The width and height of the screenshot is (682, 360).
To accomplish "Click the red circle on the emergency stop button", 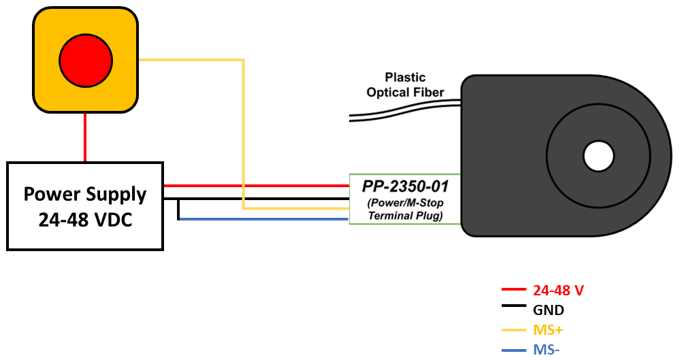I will [x=85, y=60].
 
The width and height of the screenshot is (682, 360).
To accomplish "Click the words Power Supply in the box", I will [x=85, y=195].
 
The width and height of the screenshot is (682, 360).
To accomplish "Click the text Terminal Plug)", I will [x=406, y=216].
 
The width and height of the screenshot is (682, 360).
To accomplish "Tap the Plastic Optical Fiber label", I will [x=405, y=85].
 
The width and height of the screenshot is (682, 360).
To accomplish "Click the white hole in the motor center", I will [x=598, y=156].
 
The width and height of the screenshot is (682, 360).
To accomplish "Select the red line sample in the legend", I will [x=513, y=290].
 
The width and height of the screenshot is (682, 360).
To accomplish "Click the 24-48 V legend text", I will [x=558, y=291].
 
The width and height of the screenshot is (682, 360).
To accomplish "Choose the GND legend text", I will [x=549, y=310].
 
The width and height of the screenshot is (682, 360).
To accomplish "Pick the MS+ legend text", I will [x=549, y=331].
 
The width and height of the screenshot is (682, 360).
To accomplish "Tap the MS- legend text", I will [x=547, y=350].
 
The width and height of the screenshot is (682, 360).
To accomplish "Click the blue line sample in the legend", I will [x=513, y=350].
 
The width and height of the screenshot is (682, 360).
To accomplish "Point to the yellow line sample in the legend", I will [x=513, y=331].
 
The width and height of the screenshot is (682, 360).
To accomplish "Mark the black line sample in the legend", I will [x=513, y=310].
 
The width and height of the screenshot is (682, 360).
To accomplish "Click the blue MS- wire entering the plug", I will [x=272, y=219].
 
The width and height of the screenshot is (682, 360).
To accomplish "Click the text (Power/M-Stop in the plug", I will [x=406, y=203].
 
